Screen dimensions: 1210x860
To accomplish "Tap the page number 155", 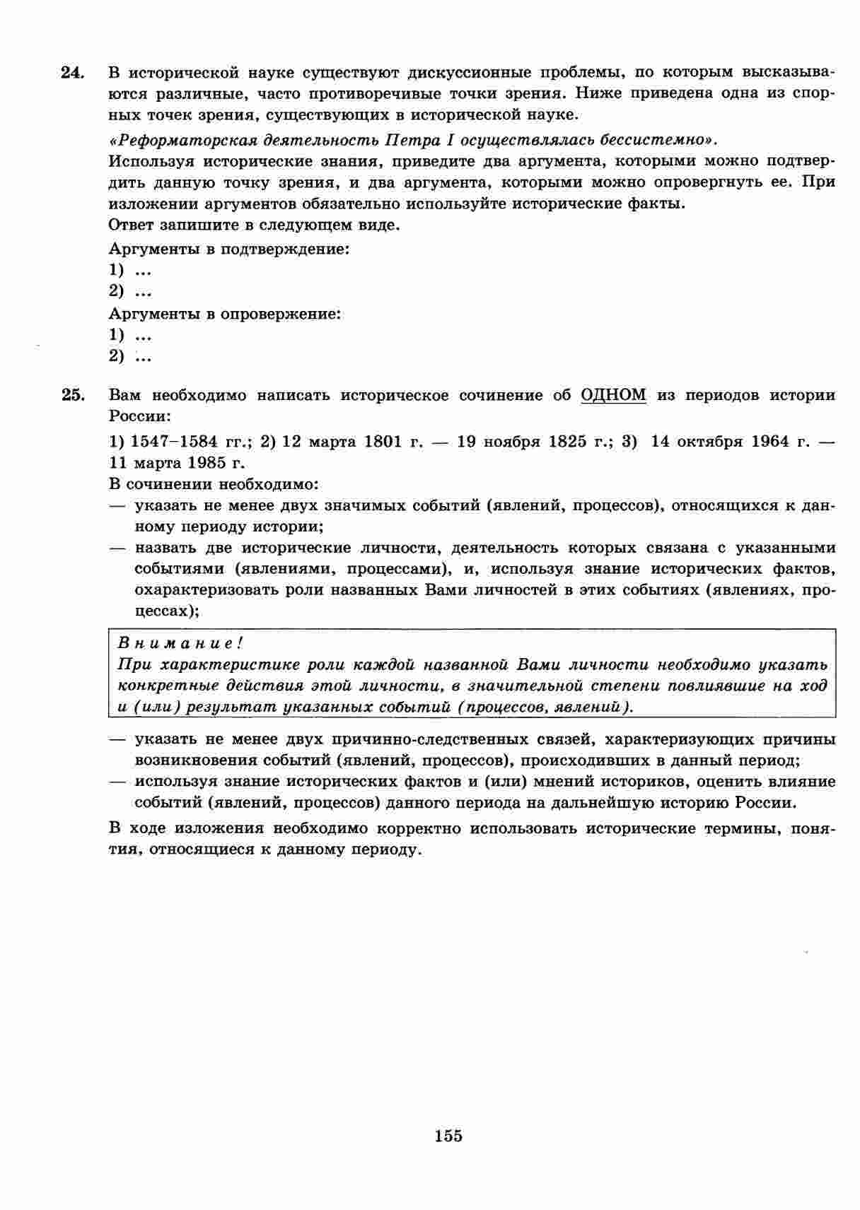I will [x=448, y=1136].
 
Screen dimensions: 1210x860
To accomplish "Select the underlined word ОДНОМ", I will [x=613, y=395].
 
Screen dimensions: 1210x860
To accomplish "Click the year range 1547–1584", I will [x=174, y=442].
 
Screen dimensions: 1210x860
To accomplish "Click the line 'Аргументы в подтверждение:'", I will [x=229, y=249].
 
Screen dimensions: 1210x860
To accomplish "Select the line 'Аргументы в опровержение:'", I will [x=225, y=313].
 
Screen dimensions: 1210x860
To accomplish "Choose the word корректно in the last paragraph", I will [x=407, y=828].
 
